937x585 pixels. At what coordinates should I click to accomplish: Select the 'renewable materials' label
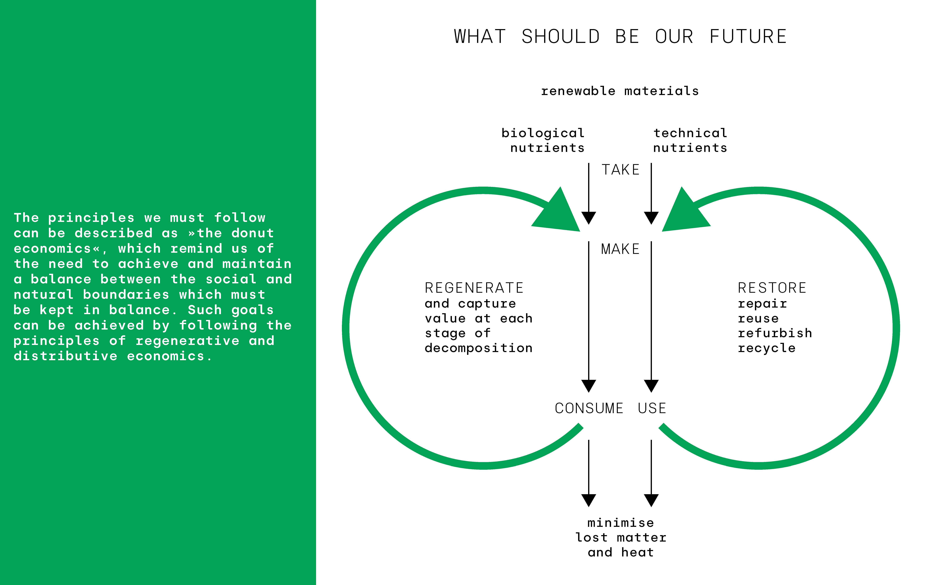click(620, 91)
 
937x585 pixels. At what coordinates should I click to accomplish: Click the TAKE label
click(620, 170)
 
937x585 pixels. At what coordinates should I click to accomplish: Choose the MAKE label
click(620, 249)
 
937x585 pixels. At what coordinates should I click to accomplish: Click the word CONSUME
click(589, 408)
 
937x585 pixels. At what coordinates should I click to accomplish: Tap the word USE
click(652, 408)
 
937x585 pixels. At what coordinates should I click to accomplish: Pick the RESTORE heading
click(772, 288)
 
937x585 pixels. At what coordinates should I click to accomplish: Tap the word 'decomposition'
click(479, 348)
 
